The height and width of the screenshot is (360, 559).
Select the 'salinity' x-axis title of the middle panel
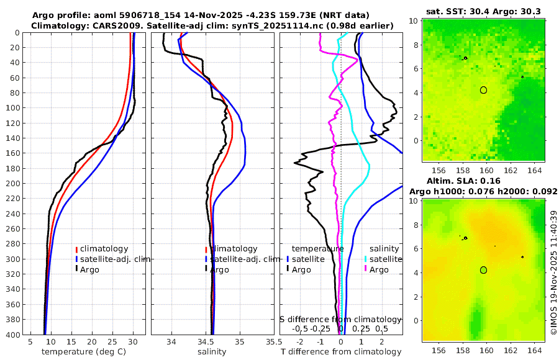pos(212,352)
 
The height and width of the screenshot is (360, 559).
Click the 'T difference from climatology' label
pos(341,352)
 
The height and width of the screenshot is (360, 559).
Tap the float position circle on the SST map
pos(483,90)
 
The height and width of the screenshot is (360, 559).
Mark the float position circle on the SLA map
pos(483,270)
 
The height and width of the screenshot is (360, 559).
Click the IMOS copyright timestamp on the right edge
pos(554,273)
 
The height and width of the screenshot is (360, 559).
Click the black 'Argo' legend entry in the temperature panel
pos(89,269)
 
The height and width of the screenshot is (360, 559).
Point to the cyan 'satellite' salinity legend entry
pos(384,259)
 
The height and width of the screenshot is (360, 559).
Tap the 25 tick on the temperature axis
pos(112,341)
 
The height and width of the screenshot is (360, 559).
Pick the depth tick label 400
pos(16,335)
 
